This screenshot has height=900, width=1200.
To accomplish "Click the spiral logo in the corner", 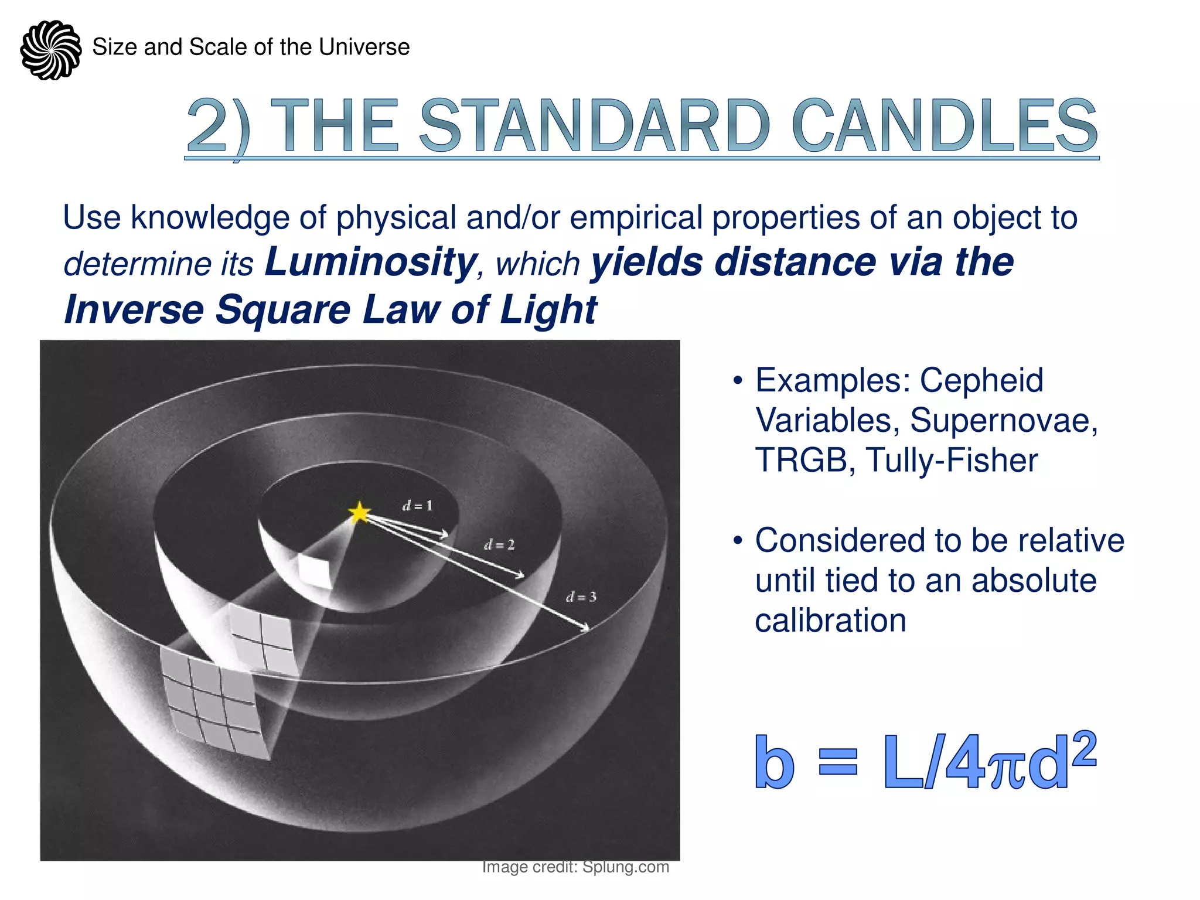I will tap(51, 50).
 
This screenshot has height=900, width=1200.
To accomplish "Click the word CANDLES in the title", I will tap(945, 126).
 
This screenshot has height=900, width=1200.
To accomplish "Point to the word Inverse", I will tap(134, 309).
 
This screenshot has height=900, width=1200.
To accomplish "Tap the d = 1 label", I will tap(417, 506).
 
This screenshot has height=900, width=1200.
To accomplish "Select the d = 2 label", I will tap(499, 545).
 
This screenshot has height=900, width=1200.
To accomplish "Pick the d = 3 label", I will tap(581, 597).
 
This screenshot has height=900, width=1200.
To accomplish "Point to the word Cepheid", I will tap(981, 380).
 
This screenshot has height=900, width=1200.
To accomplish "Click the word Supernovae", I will tap(1004, 420).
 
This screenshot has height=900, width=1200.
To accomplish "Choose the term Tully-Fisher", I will tap(952, 460).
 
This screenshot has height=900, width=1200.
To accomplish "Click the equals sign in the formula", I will tap(838, 763).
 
